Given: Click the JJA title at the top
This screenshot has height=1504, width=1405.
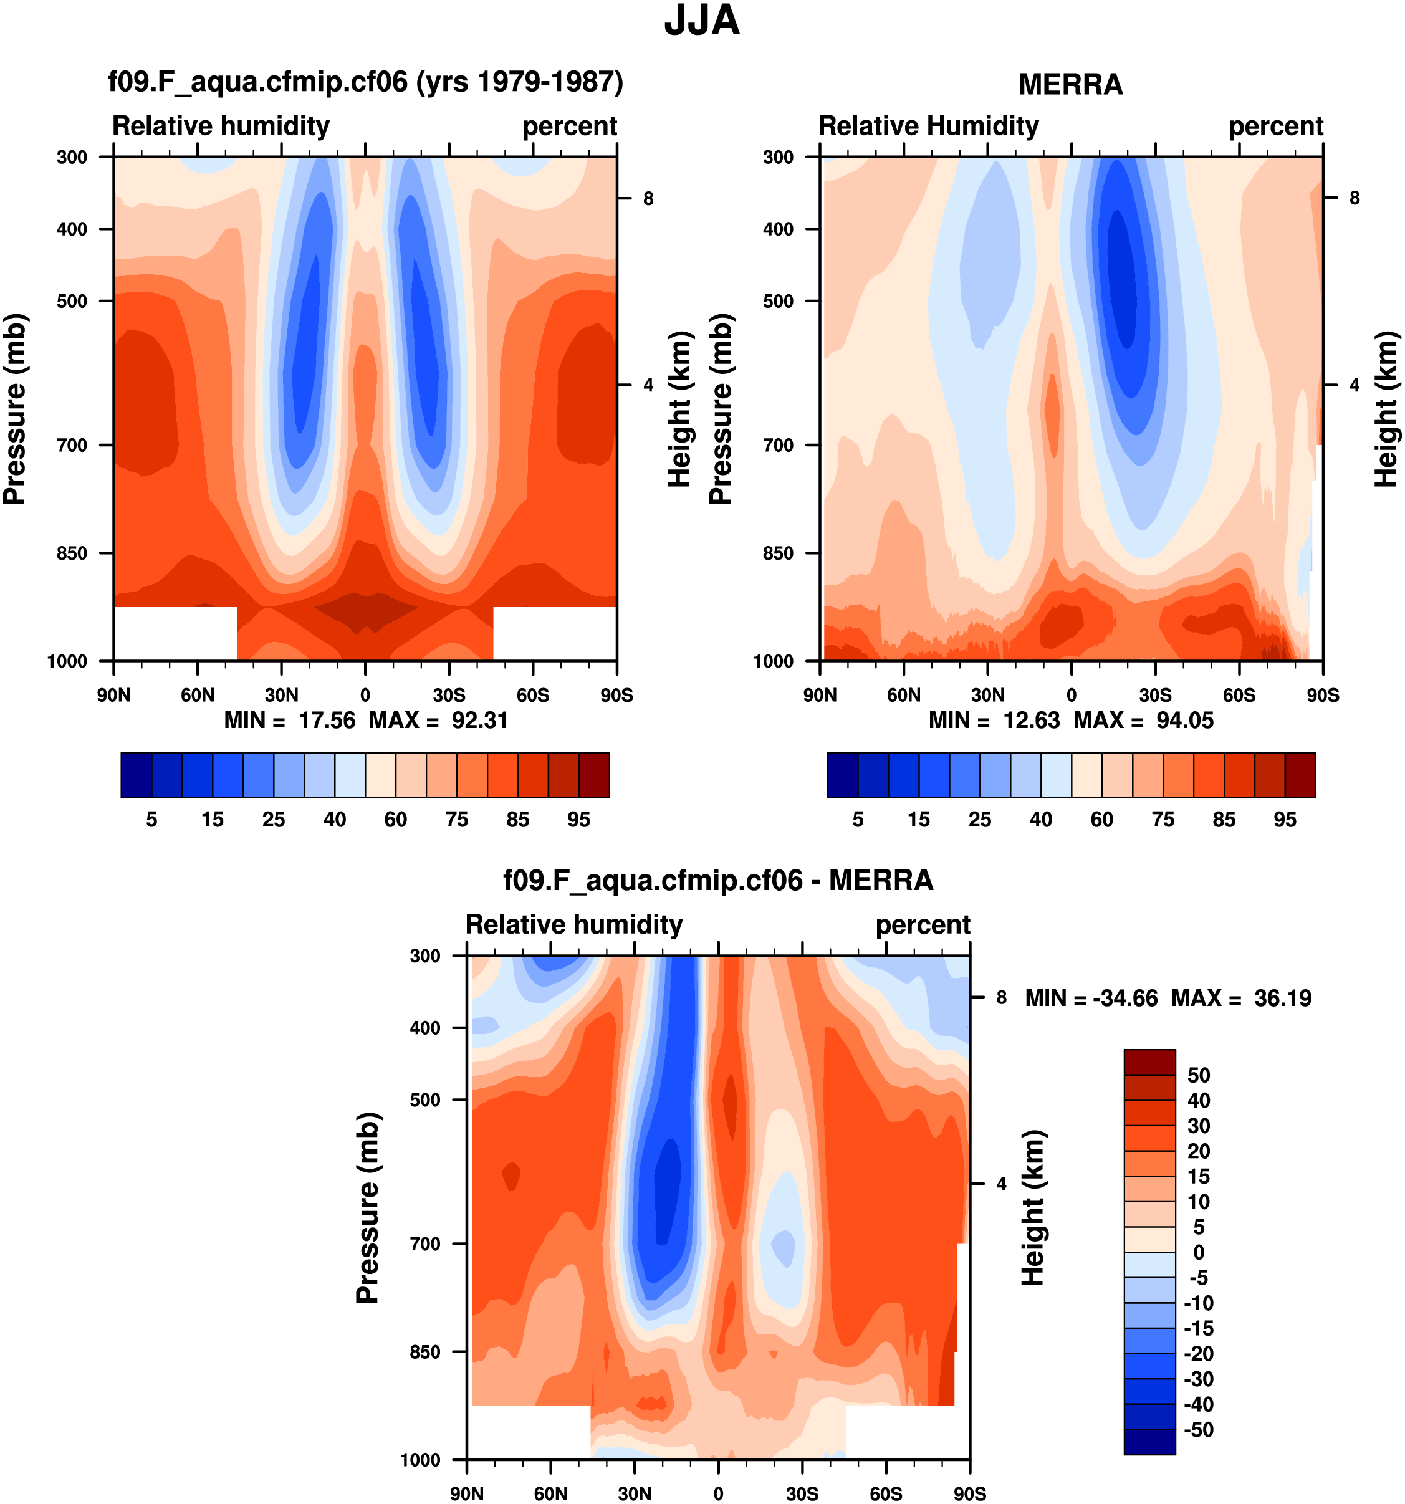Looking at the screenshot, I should tap(701, 21).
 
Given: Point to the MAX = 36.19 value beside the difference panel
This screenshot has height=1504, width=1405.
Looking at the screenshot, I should tap(1282, 998).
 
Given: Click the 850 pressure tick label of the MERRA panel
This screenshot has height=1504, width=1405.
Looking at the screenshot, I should tap(778, 553).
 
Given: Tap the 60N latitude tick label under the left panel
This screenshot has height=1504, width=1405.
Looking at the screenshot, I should tap(197, 694).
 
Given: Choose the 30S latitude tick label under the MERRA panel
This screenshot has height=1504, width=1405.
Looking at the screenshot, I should tap(1154, 694).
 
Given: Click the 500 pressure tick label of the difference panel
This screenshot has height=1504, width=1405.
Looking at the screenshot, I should tap(425, 1099).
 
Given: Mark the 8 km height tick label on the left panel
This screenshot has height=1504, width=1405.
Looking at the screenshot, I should tap(648, 198).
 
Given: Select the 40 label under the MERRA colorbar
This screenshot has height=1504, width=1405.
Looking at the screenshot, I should tap(1040, 820).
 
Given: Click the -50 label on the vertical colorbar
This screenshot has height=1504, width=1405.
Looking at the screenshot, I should tap(1199, 1430).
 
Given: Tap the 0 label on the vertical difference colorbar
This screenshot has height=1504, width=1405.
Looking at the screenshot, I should tap(1199, 1252).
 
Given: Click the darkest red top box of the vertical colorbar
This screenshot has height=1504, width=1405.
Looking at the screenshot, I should tap(1149, 1061).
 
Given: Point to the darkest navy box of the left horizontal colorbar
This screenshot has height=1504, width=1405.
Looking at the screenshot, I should tap(136, 775).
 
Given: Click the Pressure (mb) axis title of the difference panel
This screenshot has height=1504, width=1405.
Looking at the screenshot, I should tap(368, 1207).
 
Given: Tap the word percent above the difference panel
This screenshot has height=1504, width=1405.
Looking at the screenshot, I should tap(923, 924).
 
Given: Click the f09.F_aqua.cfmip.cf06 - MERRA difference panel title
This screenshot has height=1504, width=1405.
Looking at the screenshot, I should tap(717, 881).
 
